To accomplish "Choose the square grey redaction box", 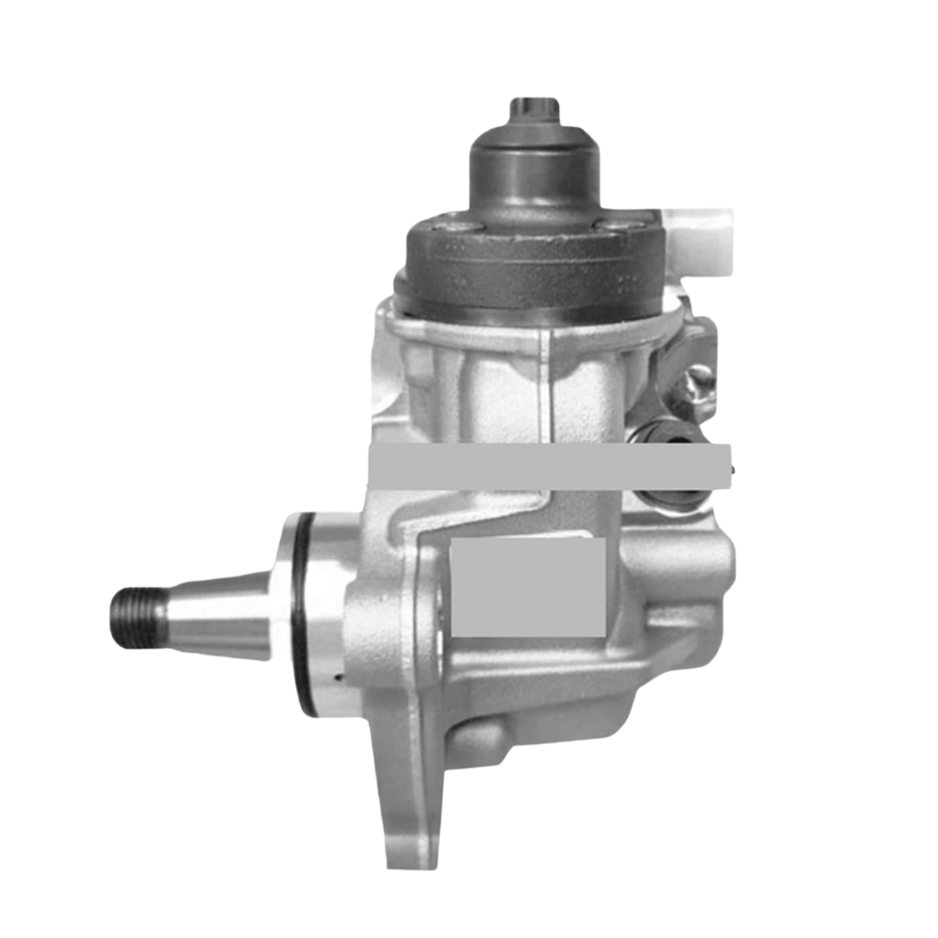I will coord(528,586).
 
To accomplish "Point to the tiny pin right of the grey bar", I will coord(736,469).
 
